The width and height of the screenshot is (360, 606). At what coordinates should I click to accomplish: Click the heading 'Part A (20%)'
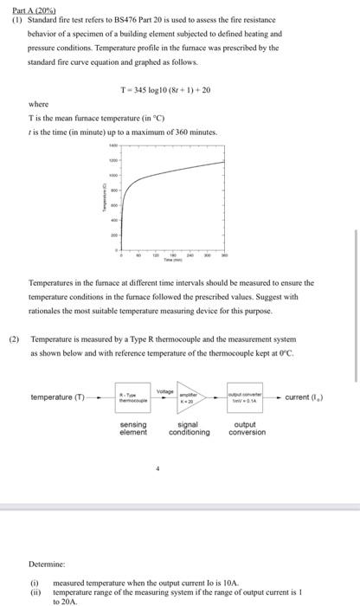coord(29,7)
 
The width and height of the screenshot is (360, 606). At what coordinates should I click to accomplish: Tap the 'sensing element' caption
coord(133,429)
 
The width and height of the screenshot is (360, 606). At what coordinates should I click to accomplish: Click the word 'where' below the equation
coord(38,105)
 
